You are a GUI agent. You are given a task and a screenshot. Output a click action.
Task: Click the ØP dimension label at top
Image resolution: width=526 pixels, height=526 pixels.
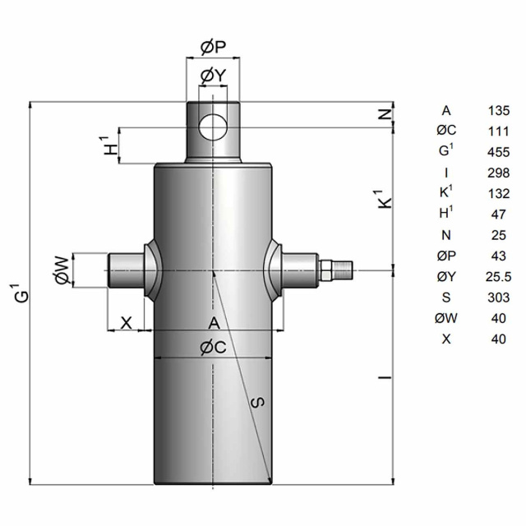pos(214,48)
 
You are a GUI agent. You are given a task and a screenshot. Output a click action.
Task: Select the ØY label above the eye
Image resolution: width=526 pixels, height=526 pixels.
pos(214,76)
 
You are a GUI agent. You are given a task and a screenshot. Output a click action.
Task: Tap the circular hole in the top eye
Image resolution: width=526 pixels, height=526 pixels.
pos(213,127)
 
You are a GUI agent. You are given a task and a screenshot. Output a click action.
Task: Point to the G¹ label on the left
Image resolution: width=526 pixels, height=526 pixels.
pos(22,293)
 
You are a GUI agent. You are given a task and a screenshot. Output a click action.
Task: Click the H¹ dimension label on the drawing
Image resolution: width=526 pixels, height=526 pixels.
pos(109,145)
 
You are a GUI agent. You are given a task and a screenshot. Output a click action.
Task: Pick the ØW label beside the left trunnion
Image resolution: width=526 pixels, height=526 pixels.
pos(63,270)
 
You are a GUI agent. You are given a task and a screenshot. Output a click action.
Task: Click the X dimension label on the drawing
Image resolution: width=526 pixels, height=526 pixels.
pos(126,323)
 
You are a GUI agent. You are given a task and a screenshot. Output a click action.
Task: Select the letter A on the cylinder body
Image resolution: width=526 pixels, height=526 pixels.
pos(214,323)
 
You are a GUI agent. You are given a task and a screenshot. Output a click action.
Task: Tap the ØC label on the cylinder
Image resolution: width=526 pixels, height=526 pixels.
pos(214,348)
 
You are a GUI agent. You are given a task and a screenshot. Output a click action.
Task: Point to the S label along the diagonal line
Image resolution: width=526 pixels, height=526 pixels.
pos(257,402)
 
